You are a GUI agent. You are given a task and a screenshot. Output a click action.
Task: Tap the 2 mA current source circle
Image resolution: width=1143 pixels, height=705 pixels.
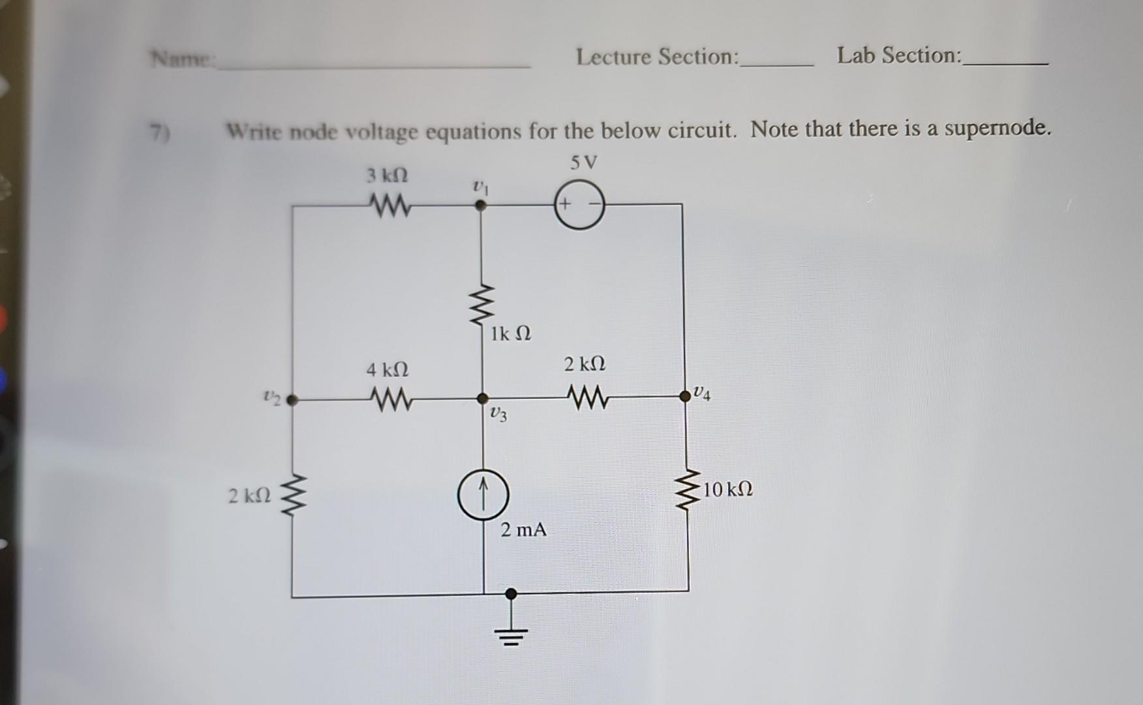tap(483, 496)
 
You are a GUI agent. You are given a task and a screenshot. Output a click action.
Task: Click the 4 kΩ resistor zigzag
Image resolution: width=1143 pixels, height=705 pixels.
tap(389, 399)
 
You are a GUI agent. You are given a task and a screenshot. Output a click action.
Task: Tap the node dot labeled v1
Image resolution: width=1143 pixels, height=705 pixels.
tap(481, 205)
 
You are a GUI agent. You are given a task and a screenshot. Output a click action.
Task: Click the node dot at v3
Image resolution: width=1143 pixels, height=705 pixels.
tap(482, 398)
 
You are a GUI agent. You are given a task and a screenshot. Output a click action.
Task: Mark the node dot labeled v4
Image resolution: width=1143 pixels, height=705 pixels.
tap(685, 396)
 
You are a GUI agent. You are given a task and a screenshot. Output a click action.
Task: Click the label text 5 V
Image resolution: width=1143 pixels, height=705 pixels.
tap(583, 163)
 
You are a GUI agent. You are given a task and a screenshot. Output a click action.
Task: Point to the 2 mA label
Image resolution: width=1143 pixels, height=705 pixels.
tap(523, 529)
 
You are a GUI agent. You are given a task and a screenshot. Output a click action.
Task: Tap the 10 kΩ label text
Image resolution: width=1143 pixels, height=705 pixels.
tap(729, 489)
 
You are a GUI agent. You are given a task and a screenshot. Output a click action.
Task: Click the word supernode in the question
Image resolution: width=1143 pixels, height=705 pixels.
tap(997, 128)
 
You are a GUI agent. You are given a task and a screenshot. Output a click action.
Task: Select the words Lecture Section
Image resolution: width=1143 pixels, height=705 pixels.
tap(657, 57)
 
